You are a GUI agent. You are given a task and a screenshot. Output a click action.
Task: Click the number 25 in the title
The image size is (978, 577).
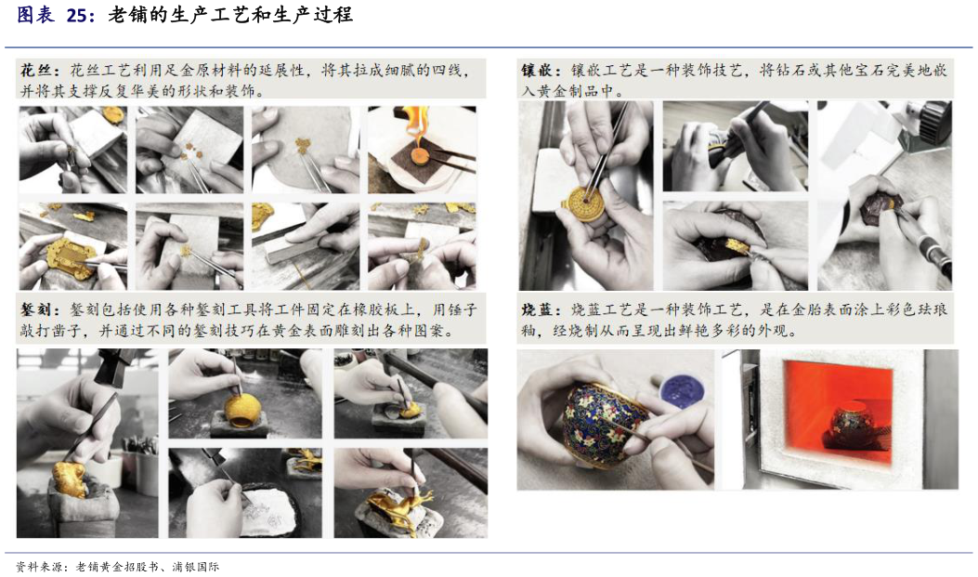click(x=77, y=14)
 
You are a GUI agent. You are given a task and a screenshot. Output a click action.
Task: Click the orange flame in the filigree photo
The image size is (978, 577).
click(x=415, y=122)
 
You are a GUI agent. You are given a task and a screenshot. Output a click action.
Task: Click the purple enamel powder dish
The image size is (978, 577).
click(x=682, y=391)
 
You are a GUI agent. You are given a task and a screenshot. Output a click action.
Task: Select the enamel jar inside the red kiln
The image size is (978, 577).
click(x=853, y=425)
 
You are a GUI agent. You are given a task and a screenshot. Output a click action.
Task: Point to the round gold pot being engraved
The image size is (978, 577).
click(x=242, y=409)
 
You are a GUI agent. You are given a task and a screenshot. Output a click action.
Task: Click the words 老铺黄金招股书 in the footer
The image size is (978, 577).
click(x=117, y=567)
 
